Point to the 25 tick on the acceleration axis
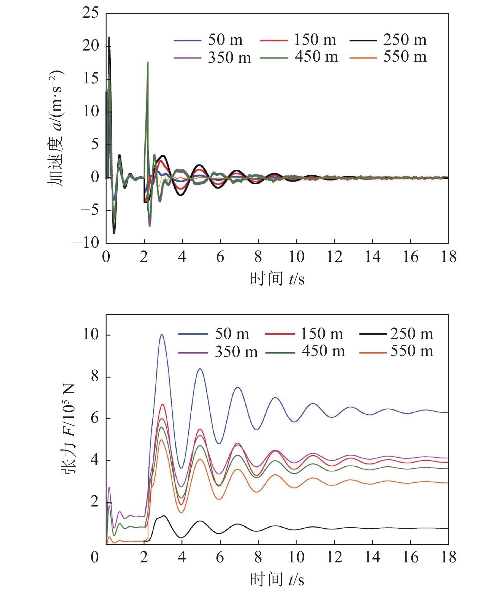pyautogui.click(x=91, y=13)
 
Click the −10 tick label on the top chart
pyautogui.click(x=86, y=243)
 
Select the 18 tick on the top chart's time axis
pyautogui.click(x=448, y=257)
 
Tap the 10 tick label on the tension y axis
pyautogui.click(x=91, y=335)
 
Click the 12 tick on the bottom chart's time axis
pyautogui.click(x=334, y=557)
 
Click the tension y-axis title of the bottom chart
pyautogui.click(x=68, y=429)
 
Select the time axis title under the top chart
pyautogui.click(x=277, y=279)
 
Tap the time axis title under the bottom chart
pyautogui.click(x=277, y=580)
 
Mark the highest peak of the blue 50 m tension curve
pyautogui.click(x=162, y=335)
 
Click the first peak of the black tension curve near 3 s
pyautogui.click(x=164, y=516)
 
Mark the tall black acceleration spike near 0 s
pyautogui.click(x=109, y=38)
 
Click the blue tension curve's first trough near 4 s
pyautogui.click(x=181, y=468)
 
